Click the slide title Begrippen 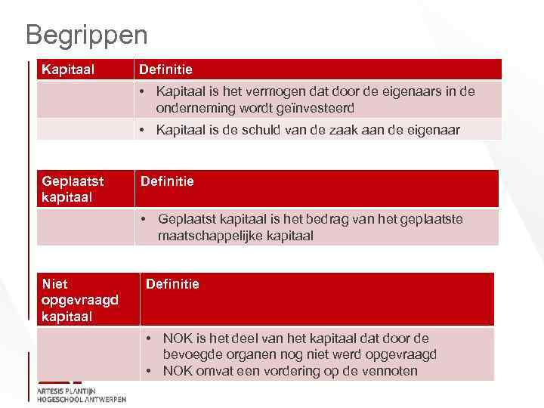86,34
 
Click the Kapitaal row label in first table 68,70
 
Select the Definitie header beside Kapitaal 165,70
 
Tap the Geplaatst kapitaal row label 73,189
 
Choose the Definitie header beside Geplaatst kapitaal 167,181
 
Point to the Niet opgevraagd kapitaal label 80,300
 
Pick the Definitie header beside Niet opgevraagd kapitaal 172,284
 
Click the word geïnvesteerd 318,108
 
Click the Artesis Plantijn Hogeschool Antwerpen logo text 81,394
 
